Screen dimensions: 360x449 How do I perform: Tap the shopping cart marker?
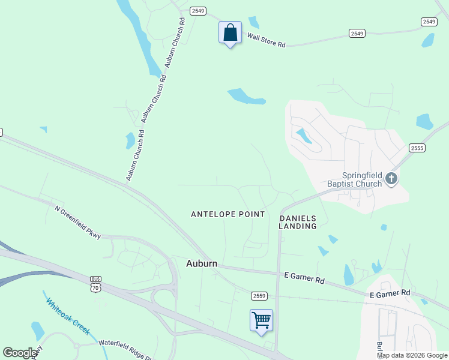click(x=261, y=320)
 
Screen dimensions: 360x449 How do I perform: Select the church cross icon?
click(x=391, y=178)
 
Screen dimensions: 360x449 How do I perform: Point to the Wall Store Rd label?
click(x=266, y=40)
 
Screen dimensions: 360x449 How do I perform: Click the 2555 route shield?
click(x=417, y=148)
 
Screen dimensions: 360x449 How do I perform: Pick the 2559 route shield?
click(x=259, y=295)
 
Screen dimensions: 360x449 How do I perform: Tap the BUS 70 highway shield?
click(x=95, y=284)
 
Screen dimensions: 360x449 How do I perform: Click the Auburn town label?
click(x=201, y=263)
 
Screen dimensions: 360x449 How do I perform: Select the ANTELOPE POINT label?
click(x=228, y=214)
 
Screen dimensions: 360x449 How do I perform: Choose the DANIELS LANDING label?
click(x=298, y=222)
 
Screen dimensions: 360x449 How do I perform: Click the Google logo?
click(x=20, y=353)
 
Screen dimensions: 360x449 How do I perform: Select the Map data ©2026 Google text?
click(x=412, y=355)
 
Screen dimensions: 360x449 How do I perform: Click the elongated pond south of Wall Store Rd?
click(x=246, y=97)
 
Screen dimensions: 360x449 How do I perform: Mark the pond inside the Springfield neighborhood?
click(x=303, y=136)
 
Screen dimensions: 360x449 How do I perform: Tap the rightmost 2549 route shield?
click(x=429, y=22)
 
